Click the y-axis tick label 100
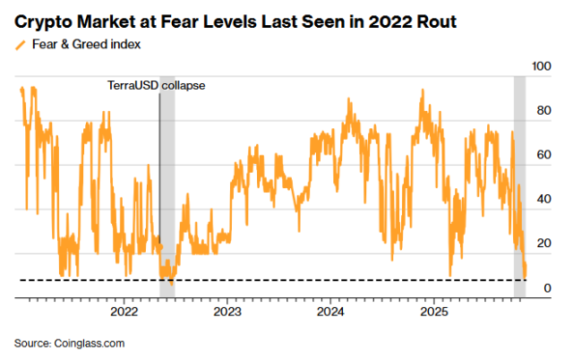pos(543,67)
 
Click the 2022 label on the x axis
pos(124,312)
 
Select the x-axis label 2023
pos(227,312)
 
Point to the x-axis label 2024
pos(331,312)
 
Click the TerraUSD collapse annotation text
pos(151,85)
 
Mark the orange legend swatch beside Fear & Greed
pos(20,43)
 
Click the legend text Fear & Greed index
pos(85,43)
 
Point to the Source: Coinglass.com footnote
pos(69,343)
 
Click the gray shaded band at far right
pos(519,179)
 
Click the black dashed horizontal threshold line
pos(269,280)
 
